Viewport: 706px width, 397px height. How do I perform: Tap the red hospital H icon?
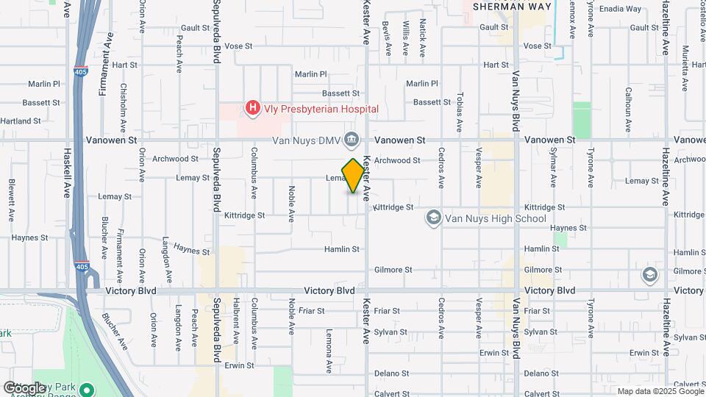coord(253,109)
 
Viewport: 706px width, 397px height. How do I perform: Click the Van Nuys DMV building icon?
coord(352,140)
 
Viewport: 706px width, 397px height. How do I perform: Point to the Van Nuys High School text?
coord(496,218)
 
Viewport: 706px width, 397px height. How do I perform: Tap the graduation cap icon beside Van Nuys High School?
coord(434,218)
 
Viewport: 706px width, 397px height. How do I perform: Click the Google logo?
coord(24,387)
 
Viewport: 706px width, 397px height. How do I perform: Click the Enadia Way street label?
coord(621,10)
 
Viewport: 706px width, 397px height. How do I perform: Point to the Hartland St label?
coord(21,121)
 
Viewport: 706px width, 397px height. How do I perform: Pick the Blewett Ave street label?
coord(12,201)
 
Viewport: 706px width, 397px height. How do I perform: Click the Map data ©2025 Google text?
coord(659,391)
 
